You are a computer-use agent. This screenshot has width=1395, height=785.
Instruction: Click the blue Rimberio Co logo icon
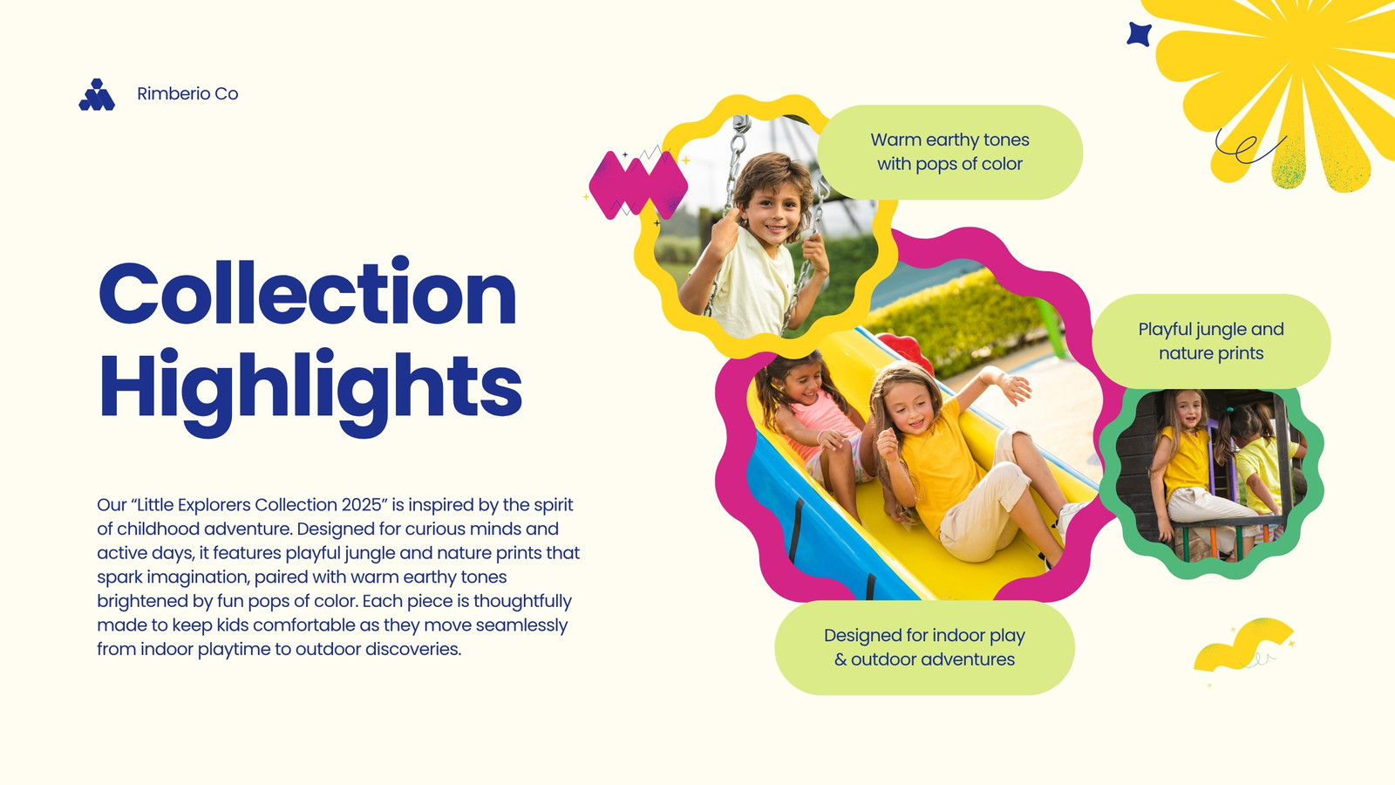tap(97, 95)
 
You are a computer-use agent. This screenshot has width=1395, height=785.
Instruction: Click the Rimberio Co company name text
tap(187, 93)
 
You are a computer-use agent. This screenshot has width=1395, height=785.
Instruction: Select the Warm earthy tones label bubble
tap(949, 152)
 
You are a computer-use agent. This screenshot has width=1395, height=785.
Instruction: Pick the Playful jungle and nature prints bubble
tap(1211, 341)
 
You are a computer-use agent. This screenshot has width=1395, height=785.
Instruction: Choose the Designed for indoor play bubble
tap(924, 647)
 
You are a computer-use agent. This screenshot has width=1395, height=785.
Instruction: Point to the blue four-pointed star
tap(1139, 34)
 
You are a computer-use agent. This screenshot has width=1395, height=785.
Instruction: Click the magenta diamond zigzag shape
tap(638, 184)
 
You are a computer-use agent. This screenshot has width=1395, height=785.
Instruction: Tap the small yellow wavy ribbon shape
tap(1243, 645)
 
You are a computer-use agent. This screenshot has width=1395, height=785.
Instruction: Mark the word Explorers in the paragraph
tap(214, 505)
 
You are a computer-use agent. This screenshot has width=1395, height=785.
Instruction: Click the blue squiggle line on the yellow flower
tap(1248, 146)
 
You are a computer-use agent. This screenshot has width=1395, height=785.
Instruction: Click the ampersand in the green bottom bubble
tap(840, 659)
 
